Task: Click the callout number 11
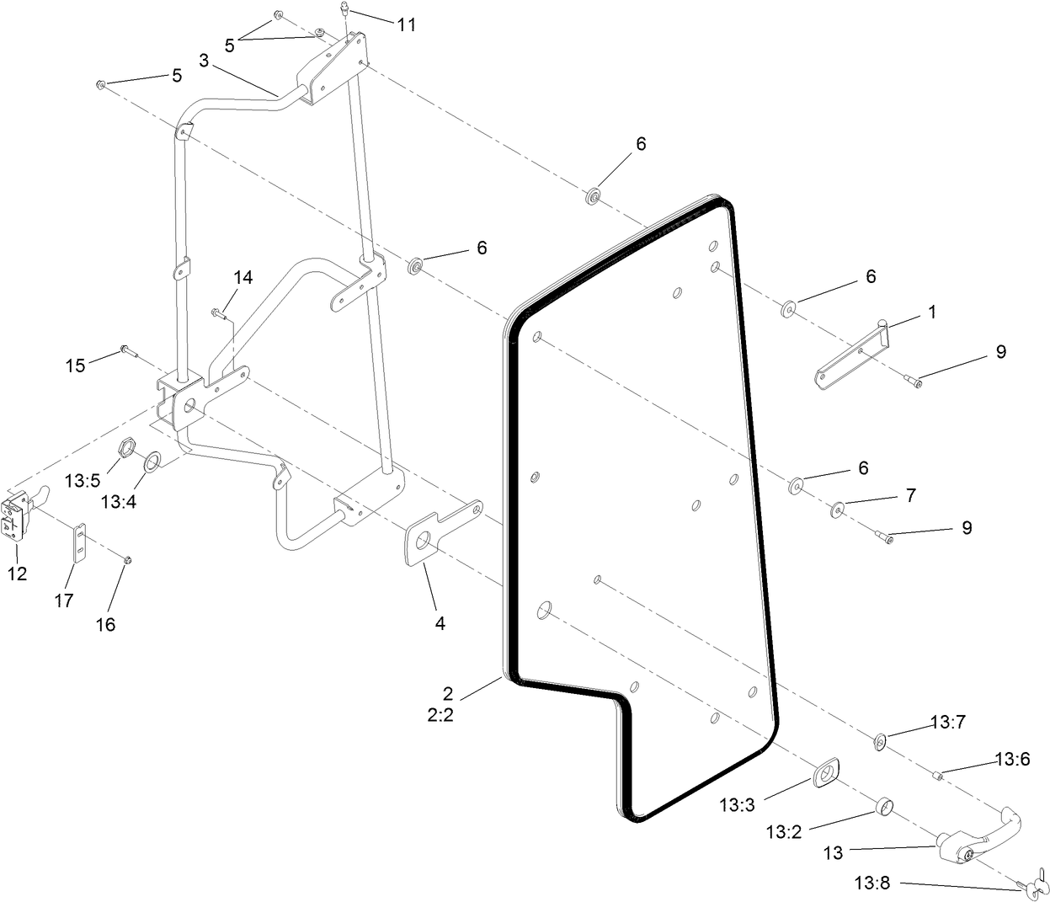pos(407,24)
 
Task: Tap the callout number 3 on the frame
pos(205,61)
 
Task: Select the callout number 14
pos(243,277)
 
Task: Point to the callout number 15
pos(76,366)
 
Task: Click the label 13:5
pos(83,480)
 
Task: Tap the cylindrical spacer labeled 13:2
pos(882,808)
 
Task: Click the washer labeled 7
pos(838,509)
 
